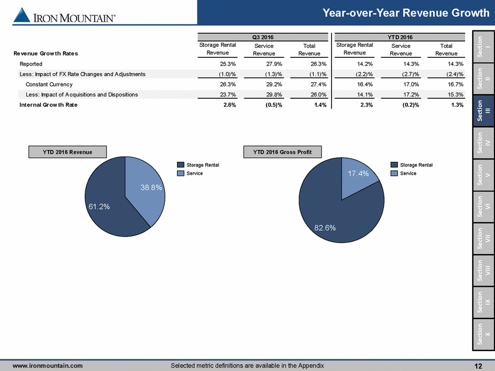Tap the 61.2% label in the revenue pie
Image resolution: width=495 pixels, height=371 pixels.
[x=99, y=206]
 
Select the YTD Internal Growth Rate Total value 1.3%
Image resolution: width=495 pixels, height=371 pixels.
[x=458, y=105]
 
